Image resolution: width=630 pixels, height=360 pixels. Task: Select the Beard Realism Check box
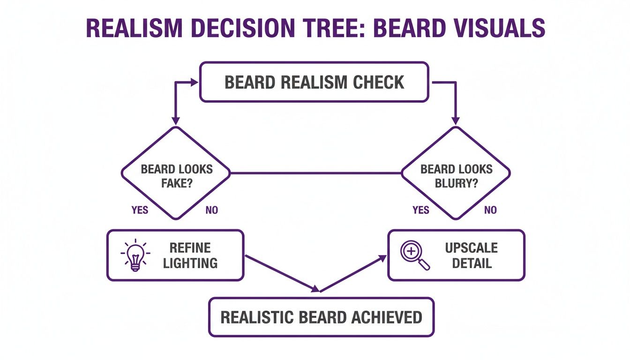pyautogui.click(x=314, y=82)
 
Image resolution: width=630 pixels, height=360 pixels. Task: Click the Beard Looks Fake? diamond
pyautogui.click(x=176, y=173)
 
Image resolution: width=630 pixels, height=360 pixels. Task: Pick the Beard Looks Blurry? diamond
pyautogui.click(x=456, y=173)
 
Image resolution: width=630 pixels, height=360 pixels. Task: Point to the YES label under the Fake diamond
pyautogui.click(x=140, y=210)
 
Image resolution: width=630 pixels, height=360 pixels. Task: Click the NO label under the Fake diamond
pyautogui.click(x=212, y=210)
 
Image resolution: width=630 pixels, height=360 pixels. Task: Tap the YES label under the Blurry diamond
pyautogui.click(x=421, y=210)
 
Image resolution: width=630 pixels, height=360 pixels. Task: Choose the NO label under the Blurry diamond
pyautogui.click(x=490, y=210)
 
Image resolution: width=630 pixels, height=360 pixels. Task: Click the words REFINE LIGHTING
pyautogui.click(x=190, y=255)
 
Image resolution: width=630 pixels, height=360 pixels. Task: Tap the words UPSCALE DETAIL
pyautogui.click(x=471, y=255)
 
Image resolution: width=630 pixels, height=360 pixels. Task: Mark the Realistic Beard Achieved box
pyautogui.click(x=321, y=317)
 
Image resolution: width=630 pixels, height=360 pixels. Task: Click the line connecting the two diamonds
pyautogui.click(x=315, y=173)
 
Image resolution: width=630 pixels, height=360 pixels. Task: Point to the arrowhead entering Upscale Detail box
pyautogui.click(x=383, y=257)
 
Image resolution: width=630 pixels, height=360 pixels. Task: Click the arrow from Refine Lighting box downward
pyautogui.click(x=281, y=272)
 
